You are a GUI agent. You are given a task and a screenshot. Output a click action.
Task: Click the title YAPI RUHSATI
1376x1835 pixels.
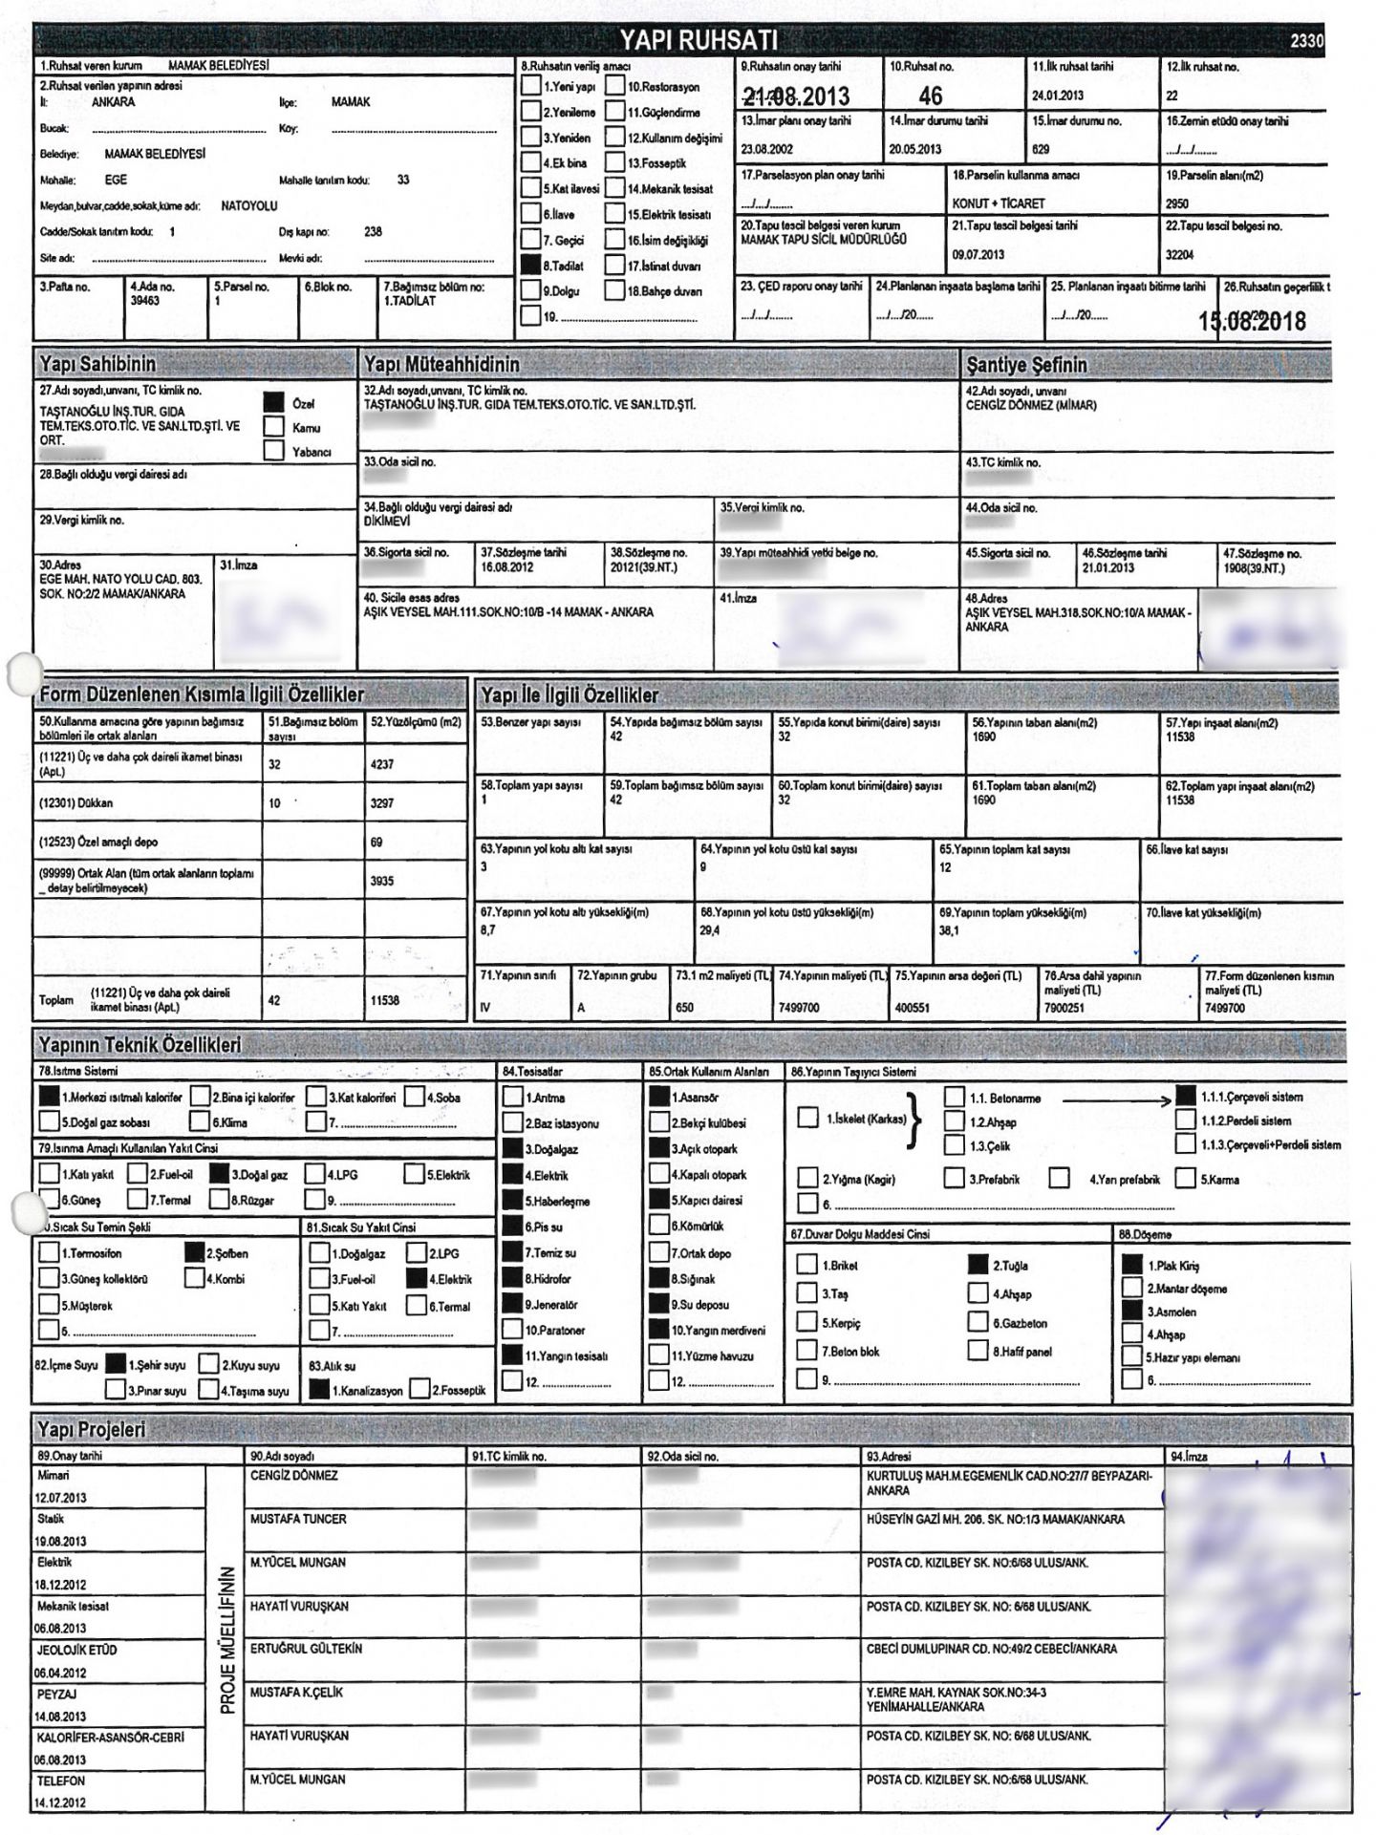(699, 40)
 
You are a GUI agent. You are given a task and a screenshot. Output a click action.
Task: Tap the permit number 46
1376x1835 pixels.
(930, 96)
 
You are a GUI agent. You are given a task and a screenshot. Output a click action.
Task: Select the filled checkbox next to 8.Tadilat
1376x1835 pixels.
(530, 266)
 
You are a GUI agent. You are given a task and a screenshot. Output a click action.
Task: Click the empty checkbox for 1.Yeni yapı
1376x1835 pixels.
(530, 86)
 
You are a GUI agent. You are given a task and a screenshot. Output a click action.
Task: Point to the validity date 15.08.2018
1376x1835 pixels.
(1252, 321)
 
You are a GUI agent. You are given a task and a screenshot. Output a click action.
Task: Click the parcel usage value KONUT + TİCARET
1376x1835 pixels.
(998, 203)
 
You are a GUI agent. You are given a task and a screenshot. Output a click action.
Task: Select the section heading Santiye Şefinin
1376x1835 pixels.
(1026, 365)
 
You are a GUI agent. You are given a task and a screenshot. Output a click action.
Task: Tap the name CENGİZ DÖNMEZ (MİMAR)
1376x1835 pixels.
(1031, 405)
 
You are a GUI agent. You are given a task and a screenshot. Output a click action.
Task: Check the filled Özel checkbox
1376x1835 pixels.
(274, 403)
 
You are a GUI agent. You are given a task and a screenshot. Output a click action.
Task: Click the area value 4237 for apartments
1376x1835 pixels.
(382, 764)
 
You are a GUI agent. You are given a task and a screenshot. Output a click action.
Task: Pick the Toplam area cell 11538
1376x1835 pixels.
(385, 1000)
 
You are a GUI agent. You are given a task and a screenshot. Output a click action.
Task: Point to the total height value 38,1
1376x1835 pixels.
(949, 930)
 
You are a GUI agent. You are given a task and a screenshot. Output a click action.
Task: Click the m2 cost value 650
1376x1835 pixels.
(684, 1007)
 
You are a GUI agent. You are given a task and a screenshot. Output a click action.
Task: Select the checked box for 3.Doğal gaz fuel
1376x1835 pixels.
(219, 1174)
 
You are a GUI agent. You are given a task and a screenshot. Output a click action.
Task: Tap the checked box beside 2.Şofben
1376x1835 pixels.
(195, 1252)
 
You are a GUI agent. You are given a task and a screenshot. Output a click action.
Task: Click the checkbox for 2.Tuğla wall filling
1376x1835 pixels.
(978, 1265)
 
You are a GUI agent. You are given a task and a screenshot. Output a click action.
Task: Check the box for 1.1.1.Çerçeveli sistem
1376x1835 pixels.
(1186, 1097)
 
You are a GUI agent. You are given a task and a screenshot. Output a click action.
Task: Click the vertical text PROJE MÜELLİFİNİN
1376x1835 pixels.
(227, 1638)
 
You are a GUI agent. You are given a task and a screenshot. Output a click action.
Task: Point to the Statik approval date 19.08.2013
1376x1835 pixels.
(60, 1541)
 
